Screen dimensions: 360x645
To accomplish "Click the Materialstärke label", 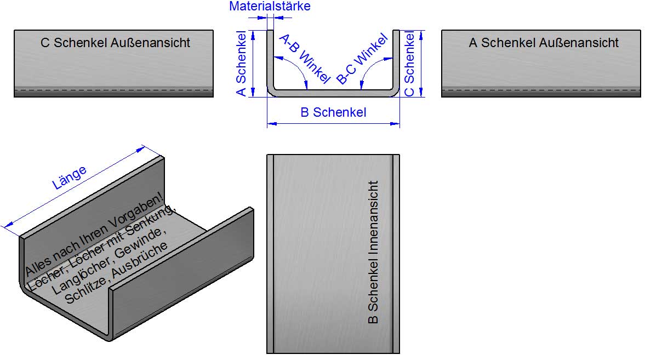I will [270, 7].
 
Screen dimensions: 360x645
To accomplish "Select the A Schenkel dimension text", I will [241, 64].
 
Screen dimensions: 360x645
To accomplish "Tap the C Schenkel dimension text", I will [409, 64].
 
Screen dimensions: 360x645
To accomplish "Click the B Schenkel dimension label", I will [333, 112].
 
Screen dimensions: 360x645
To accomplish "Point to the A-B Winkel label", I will [304, 59].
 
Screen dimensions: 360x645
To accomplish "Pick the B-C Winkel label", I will [362, 59].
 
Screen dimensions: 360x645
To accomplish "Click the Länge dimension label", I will [69, 178].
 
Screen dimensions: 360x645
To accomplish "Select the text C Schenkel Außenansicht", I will [115, 43].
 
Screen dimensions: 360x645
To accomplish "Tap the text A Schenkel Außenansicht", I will [544, 43].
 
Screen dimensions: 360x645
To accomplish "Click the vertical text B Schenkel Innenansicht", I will [374, 252].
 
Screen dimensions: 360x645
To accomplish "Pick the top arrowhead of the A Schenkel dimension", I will [253, 34].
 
